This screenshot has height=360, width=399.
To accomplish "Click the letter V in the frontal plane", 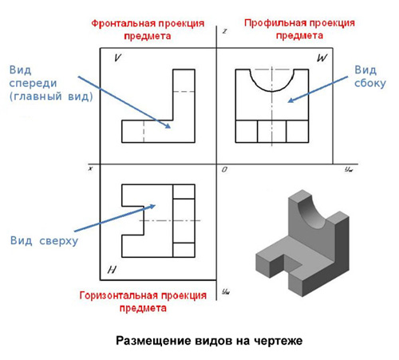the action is coord(117,57).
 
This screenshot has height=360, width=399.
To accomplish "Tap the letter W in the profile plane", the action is coord(322,57).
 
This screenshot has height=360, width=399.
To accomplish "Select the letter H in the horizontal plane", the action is coord(112,270).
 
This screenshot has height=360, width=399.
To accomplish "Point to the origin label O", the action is coord(224,169).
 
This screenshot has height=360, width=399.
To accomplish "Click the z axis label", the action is coord(225,31).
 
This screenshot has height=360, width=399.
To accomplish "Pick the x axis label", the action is coord(90,168).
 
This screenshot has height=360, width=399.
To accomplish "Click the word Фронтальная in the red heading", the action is coord(124,24).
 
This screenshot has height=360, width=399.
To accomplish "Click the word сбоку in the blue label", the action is coord(370,83).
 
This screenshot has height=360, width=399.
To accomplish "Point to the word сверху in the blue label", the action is coord(59,241).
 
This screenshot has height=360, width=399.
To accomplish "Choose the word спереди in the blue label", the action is coord(33,84).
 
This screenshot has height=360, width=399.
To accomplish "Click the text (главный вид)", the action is coord(51,97).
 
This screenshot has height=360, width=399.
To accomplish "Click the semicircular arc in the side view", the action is coord(272,91).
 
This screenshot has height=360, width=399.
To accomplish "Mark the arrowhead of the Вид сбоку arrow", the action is coord(290,101).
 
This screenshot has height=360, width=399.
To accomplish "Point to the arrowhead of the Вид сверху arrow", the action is coord(152,206).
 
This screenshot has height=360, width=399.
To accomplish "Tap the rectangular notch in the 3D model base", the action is coord(293,263).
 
